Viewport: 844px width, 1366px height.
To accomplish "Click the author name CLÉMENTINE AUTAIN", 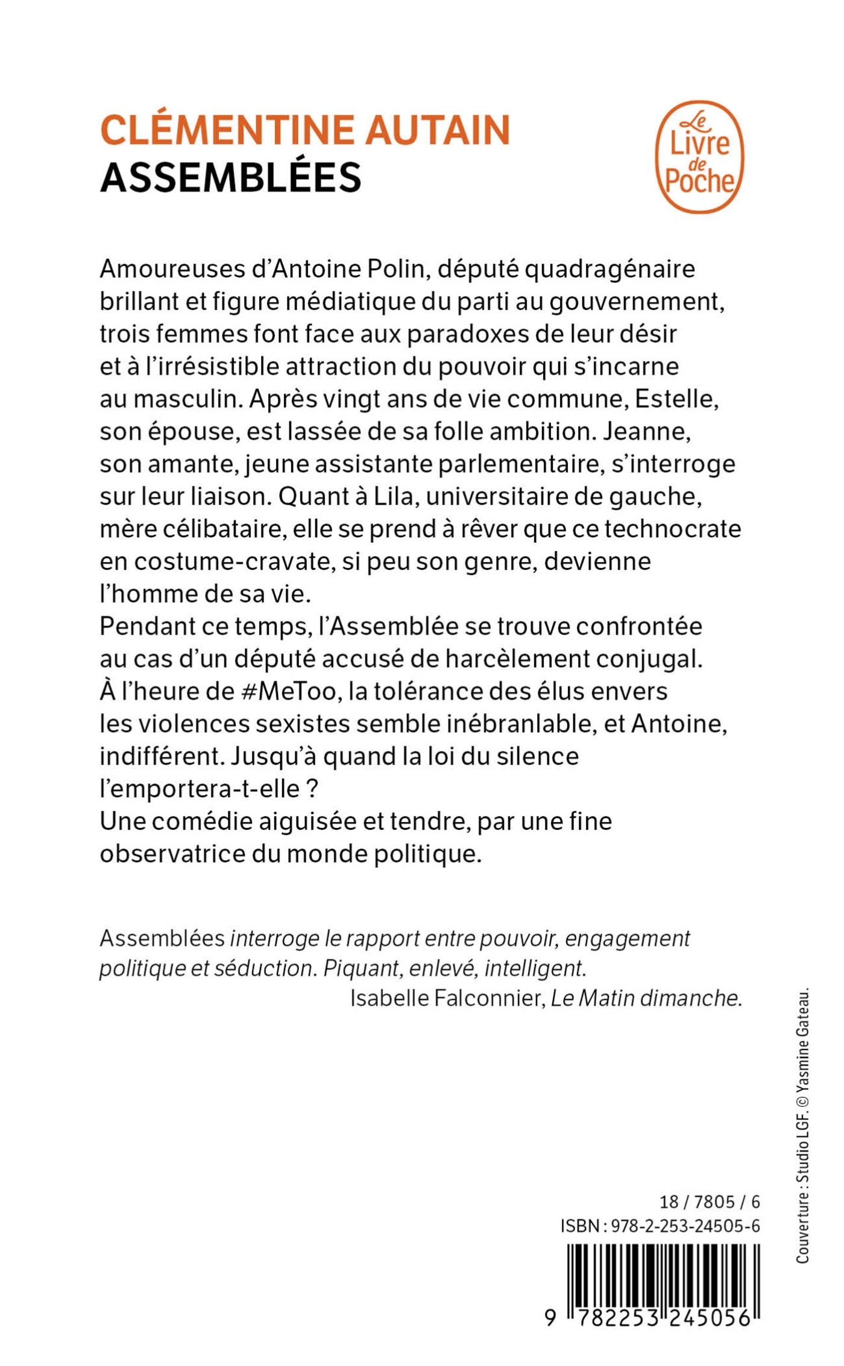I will [x=305, y=130].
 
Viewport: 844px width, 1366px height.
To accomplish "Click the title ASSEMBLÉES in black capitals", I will [x=231, y=178].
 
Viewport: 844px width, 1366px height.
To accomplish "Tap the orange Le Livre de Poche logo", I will [x=699, y=157].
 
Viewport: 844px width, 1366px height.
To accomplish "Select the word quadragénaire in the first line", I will [x=609, y=269].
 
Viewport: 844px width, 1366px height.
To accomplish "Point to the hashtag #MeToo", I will [x=288, y=691].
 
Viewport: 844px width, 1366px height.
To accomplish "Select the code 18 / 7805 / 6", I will [x=710, y=1201].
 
